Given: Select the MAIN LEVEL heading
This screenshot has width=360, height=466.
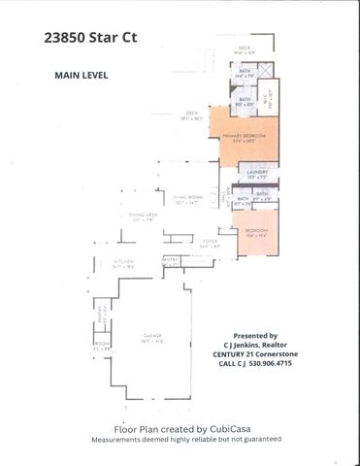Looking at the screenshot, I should pyautogui.click(x=82, y=74).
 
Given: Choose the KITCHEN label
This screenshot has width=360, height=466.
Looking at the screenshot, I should pyautogui.click(x=122, y=262).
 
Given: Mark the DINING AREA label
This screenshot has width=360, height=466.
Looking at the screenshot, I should pyautogui.click(x=144, y=216).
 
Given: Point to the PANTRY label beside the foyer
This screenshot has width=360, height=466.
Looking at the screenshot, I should pyautogui.click(x=169, y=259).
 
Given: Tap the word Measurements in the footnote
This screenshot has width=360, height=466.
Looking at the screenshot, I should pyautogui.click(x=118, y=439).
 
